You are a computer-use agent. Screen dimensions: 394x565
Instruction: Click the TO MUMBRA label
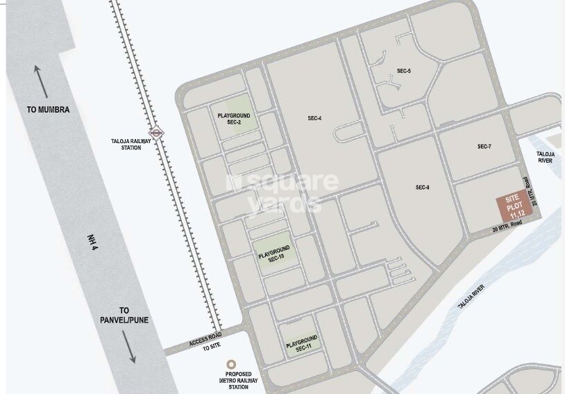tap(48, 110)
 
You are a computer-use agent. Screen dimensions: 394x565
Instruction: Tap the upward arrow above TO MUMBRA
tap(41, 82)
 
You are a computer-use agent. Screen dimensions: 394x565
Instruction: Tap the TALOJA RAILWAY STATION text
tap(126, 143)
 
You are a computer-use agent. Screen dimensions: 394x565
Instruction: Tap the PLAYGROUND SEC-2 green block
tap(234, 118)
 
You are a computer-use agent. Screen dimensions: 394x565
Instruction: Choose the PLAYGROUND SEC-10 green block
tap(274, 253)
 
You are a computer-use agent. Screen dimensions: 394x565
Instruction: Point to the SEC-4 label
tap(314, 118)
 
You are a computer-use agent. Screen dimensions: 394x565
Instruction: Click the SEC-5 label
tap(404, 71)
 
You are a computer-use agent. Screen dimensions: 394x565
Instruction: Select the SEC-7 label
tap(484, 147)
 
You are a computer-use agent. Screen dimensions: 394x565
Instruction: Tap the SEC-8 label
tap(423, 188)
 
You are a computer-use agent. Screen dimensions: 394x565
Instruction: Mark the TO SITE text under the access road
tap(211, 347)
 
